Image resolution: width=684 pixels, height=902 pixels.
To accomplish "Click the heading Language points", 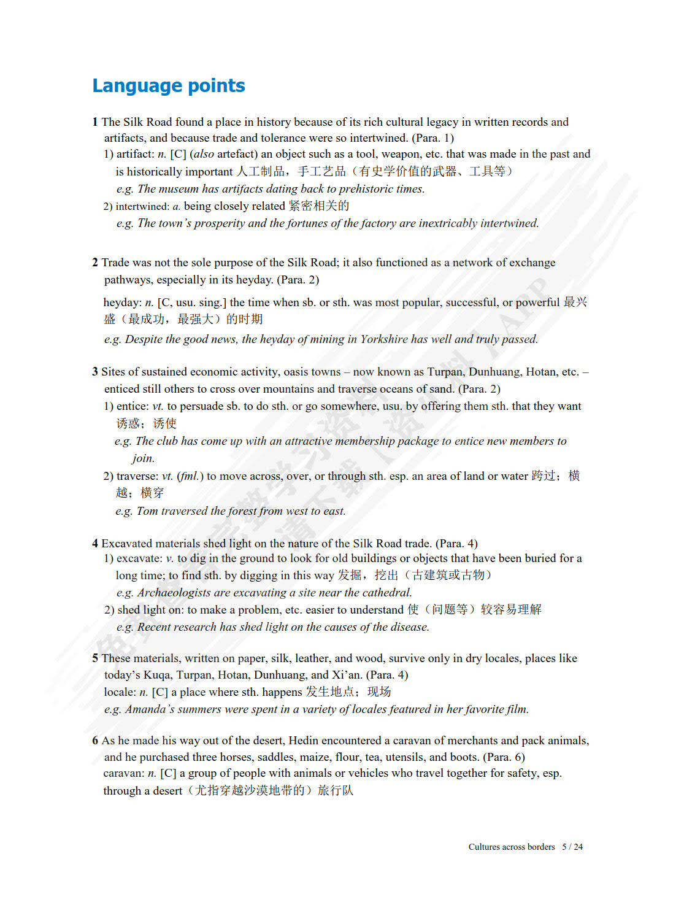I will click(x=169, y=86).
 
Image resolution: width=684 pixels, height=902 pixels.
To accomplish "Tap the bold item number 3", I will click(x=95, y=372).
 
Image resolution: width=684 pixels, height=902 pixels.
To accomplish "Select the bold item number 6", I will click(x=95, y=741).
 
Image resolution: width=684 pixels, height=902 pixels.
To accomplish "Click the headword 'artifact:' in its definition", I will click(x=135, y=154).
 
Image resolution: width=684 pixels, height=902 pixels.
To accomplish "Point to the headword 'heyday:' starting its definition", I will click(x=122, y=303).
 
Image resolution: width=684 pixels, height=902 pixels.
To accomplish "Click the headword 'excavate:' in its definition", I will click(x=139, y=558).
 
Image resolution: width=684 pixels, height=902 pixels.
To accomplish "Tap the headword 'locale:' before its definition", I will click(x=120, y=692).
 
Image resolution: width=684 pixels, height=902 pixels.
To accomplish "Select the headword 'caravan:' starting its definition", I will click(x=123, y=774).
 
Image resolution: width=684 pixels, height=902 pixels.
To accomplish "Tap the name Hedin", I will click(x=304, y=741).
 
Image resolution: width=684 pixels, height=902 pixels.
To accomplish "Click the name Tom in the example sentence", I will click(x=147, y=511).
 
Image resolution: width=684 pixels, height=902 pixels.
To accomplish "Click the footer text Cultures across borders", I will click(x=512, y=847).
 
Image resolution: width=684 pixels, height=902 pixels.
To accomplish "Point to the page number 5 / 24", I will click(x=572, y=847).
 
